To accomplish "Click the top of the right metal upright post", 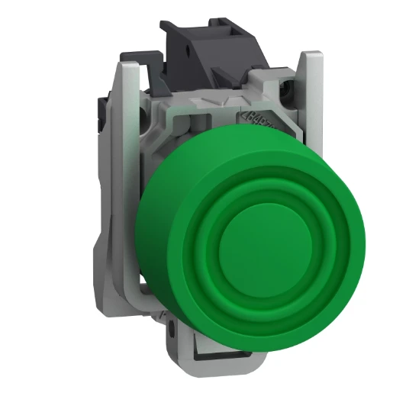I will click(x=308, y=57).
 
